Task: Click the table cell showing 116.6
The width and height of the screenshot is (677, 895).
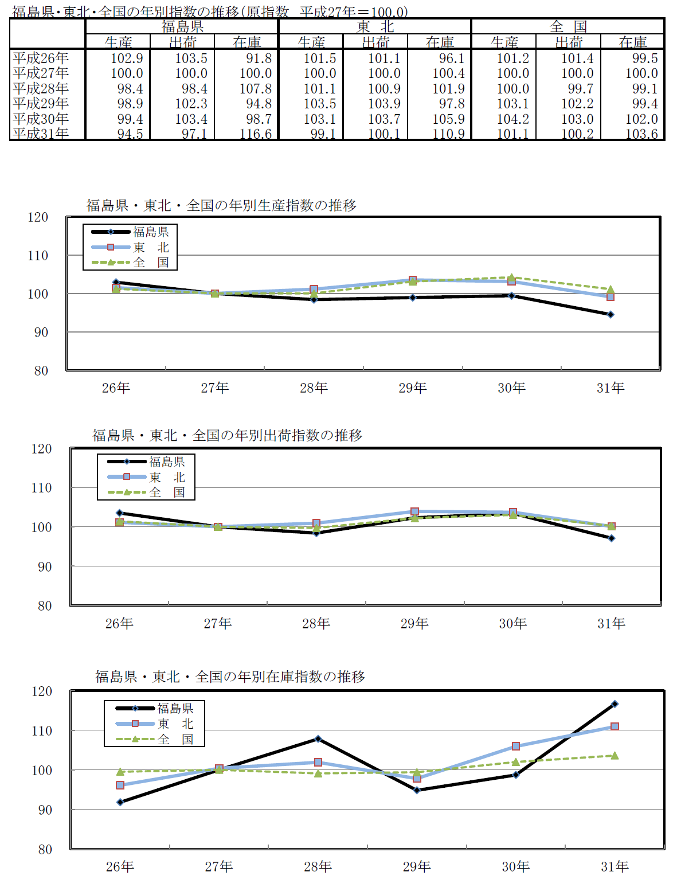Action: [256, 134]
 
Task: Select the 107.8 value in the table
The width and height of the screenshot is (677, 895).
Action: [256, 89]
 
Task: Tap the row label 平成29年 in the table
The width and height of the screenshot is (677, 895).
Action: [41, 104]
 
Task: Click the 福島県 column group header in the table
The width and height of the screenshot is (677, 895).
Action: [182, 26]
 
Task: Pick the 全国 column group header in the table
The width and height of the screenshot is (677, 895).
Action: [568, 26]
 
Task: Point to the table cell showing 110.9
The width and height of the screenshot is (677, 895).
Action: [448, 134]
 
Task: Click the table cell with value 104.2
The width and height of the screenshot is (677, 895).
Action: [513, 119]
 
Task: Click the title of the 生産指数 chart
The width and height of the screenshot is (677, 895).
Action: [221, 205]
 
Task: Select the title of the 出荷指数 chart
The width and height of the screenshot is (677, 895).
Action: [228, 435]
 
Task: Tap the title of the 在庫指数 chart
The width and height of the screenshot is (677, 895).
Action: [230, 677]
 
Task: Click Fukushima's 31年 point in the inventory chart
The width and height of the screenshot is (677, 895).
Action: [615, 704]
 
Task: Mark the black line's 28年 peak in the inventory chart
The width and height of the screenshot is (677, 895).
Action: [318, 739]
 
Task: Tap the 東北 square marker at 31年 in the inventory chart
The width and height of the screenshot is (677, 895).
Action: [615, 726]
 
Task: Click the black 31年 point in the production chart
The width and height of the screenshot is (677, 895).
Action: [611, 315]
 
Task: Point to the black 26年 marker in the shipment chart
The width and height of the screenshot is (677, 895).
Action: [120, 513]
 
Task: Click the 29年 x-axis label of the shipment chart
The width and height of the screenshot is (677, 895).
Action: [414, 623]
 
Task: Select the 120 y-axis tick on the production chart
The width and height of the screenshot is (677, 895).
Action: [38, 217]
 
